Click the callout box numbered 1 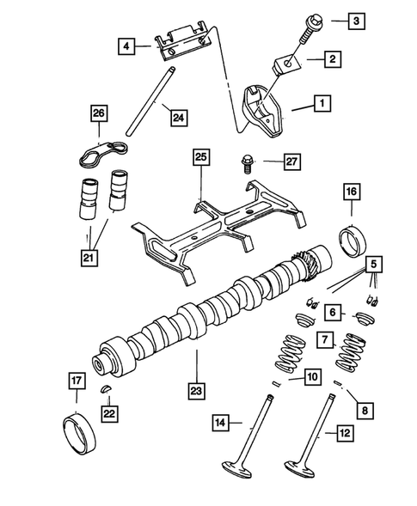tap(321, 105)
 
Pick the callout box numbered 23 tap(199, 389)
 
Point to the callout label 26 tap(99, 113)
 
